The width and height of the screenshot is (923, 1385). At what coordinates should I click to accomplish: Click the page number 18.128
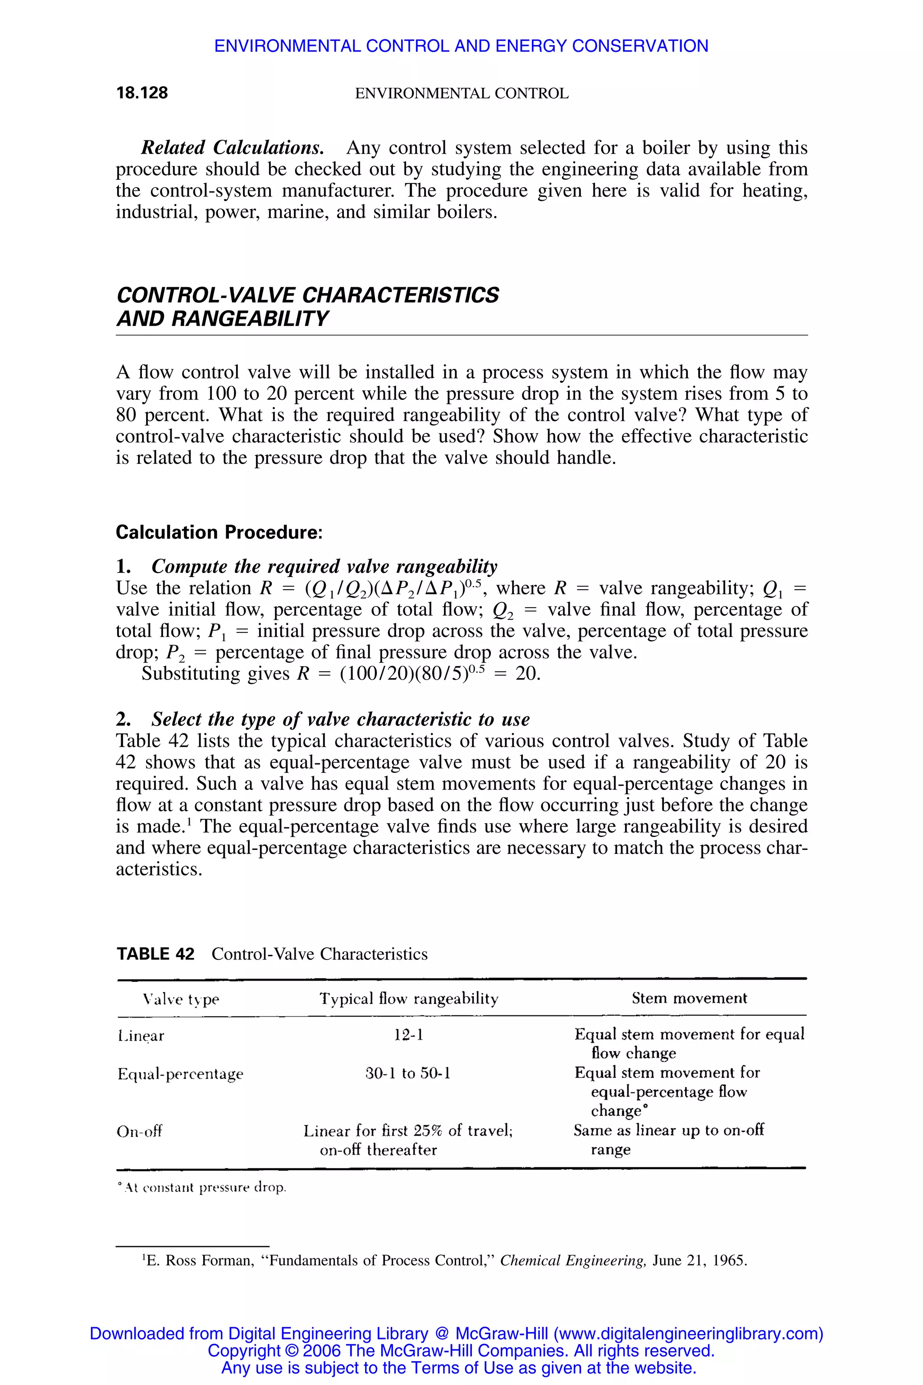click(x=142, y=93)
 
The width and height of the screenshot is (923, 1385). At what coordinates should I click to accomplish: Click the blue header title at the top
click(x=461, y=46)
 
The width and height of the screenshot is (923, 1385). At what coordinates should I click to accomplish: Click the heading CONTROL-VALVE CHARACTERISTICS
click(x=307, y=295)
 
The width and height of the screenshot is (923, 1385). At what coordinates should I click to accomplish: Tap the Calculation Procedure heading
click(x=219, y=532)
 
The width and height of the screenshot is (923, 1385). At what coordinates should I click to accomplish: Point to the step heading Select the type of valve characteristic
click(x=340, y=719)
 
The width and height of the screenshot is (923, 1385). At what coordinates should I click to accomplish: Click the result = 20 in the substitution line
click(x=521, y=674)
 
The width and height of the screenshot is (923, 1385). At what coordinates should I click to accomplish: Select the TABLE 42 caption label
click(x=155, y=954)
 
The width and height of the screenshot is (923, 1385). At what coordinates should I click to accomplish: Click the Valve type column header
click(x=181, y=999)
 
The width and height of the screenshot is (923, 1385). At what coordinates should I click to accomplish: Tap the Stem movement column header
click(x=689, y=998)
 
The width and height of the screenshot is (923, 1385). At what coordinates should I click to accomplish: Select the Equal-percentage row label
click(x=180, y=1074)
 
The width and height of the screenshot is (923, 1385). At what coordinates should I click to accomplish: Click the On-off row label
click(x=140, y=1131)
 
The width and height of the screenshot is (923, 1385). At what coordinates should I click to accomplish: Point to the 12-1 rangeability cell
click(x=408, y=1035)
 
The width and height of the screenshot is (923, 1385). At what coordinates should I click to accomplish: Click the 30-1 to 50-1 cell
click(x=408, y=1073)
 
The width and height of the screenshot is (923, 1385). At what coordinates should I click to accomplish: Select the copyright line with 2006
click(x=461, y=1350)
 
